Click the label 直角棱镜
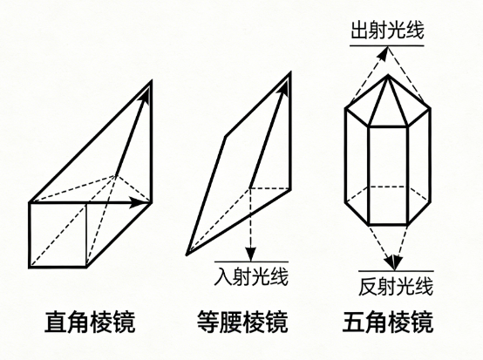[90, 323]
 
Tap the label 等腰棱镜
[242, 323]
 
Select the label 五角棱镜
[388, 323]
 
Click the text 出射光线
[387, 30]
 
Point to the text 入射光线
[251, 277]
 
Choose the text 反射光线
[396, 287]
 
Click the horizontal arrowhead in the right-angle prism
[139, 202]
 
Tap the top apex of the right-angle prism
[152, 81]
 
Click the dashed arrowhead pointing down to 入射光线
[251, 254]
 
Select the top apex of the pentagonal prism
[388, 75]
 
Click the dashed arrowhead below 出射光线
[383, 53]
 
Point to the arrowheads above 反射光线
[394, 262]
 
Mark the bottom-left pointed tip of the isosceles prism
[187, 255]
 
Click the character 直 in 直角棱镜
[56, 323]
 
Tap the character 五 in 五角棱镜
[354, 323]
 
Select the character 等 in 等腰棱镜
[208, 323]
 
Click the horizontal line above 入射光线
[251, 262]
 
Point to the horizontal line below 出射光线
[387, 46]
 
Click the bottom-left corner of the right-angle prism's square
[31, 267]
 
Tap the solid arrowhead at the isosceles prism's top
[285, 87]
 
